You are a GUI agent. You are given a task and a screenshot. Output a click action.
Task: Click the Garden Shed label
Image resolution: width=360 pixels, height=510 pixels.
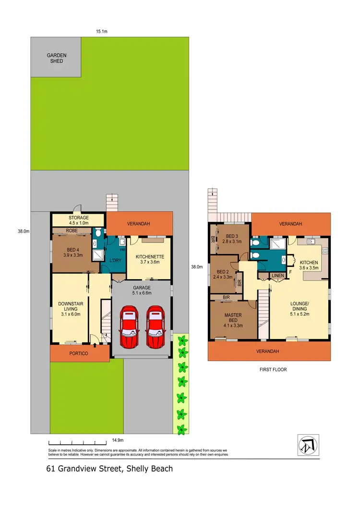57,58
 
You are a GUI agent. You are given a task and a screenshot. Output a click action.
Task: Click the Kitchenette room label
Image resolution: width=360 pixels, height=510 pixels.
150,259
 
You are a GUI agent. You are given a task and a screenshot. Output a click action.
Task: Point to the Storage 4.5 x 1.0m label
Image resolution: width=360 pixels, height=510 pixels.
78,220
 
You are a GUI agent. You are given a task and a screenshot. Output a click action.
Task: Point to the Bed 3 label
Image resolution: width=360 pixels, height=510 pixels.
232,239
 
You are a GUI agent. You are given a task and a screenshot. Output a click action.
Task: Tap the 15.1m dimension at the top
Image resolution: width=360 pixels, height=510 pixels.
101,31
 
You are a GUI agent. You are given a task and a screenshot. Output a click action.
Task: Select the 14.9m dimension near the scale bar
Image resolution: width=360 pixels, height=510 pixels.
118,440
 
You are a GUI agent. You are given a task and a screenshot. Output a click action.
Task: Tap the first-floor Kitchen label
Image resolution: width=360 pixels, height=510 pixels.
309,265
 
